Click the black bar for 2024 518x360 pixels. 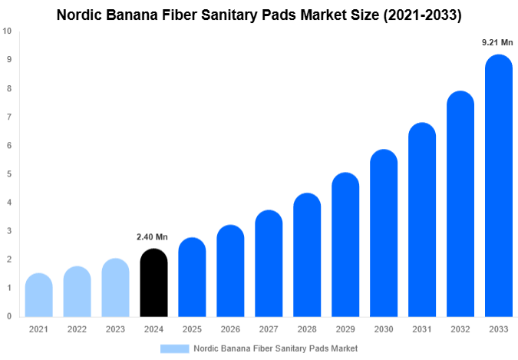(x=153, y=284)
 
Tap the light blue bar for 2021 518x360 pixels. (x=38, y=296)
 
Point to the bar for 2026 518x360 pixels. (x=230, y=272)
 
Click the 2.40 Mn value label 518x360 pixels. (x=152, y=237)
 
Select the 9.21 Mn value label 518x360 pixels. (x=497, y=43)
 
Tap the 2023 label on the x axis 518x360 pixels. (x=115, y=329)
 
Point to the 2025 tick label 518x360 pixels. (x=192, y=329)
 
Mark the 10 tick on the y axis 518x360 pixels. (x=7, y=31)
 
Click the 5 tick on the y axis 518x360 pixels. (x=8, y=174)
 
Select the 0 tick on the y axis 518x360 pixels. (x=8, y=316)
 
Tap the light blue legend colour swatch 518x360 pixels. (x=174, y=348)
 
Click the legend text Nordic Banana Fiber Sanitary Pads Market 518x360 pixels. (x=275, y=348)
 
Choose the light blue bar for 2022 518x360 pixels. (x=77, y=292)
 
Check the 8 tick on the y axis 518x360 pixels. (x=8, y=88)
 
